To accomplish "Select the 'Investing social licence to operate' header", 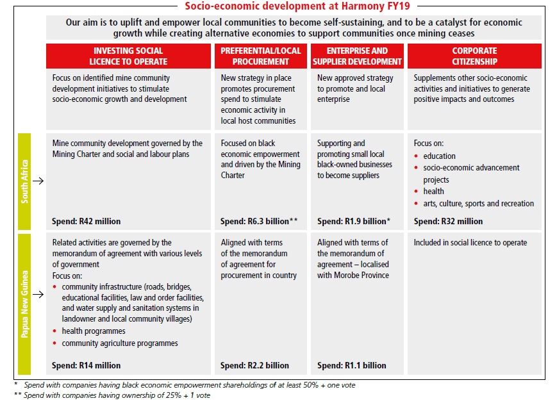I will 128,56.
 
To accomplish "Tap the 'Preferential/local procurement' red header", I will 260,56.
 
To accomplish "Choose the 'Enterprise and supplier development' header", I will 357,56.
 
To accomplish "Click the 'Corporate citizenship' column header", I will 474,56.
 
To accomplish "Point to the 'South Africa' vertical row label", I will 24,181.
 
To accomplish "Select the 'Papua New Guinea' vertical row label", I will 24,304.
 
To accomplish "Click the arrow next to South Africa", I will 38,181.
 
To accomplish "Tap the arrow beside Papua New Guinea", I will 38,295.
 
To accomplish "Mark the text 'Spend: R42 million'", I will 87,222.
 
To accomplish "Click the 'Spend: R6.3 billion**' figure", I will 259,222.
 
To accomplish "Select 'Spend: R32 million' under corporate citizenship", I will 449,222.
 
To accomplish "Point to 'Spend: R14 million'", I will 87,366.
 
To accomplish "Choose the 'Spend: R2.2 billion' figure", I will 254,366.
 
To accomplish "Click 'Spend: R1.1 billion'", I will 351,366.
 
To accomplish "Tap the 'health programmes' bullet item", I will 94,331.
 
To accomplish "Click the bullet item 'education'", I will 440,156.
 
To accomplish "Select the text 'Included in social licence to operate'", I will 470,243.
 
